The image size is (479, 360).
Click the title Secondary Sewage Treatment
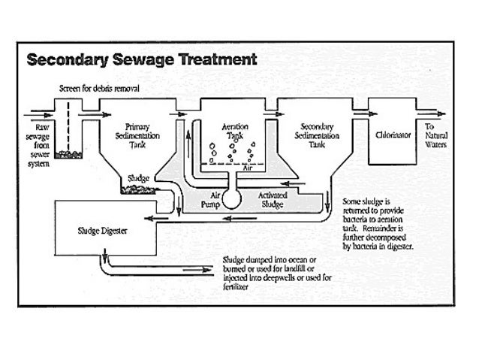pos(141,59)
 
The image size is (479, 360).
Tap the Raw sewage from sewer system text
pos(38,143)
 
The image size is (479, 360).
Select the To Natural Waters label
pos(436,135)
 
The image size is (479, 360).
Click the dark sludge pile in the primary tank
pos(141,189)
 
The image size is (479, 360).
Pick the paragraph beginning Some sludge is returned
pos(380,224)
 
